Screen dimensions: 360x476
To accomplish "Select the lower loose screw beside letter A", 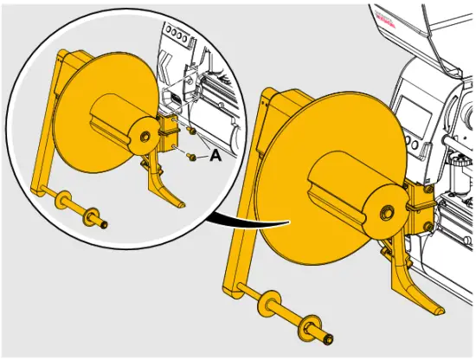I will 190,157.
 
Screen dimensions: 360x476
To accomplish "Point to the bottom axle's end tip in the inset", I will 105,226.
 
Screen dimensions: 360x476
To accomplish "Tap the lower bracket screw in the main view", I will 430,227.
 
